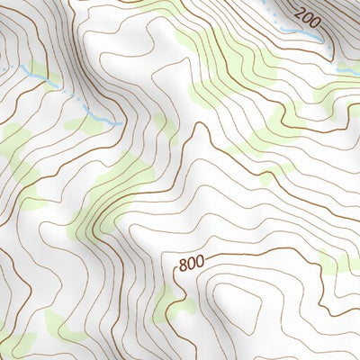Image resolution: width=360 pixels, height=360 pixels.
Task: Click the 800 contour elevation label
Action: [190, 265]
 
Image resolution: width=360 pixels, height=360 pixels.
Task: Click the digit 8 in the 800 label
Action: [183, 265]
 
